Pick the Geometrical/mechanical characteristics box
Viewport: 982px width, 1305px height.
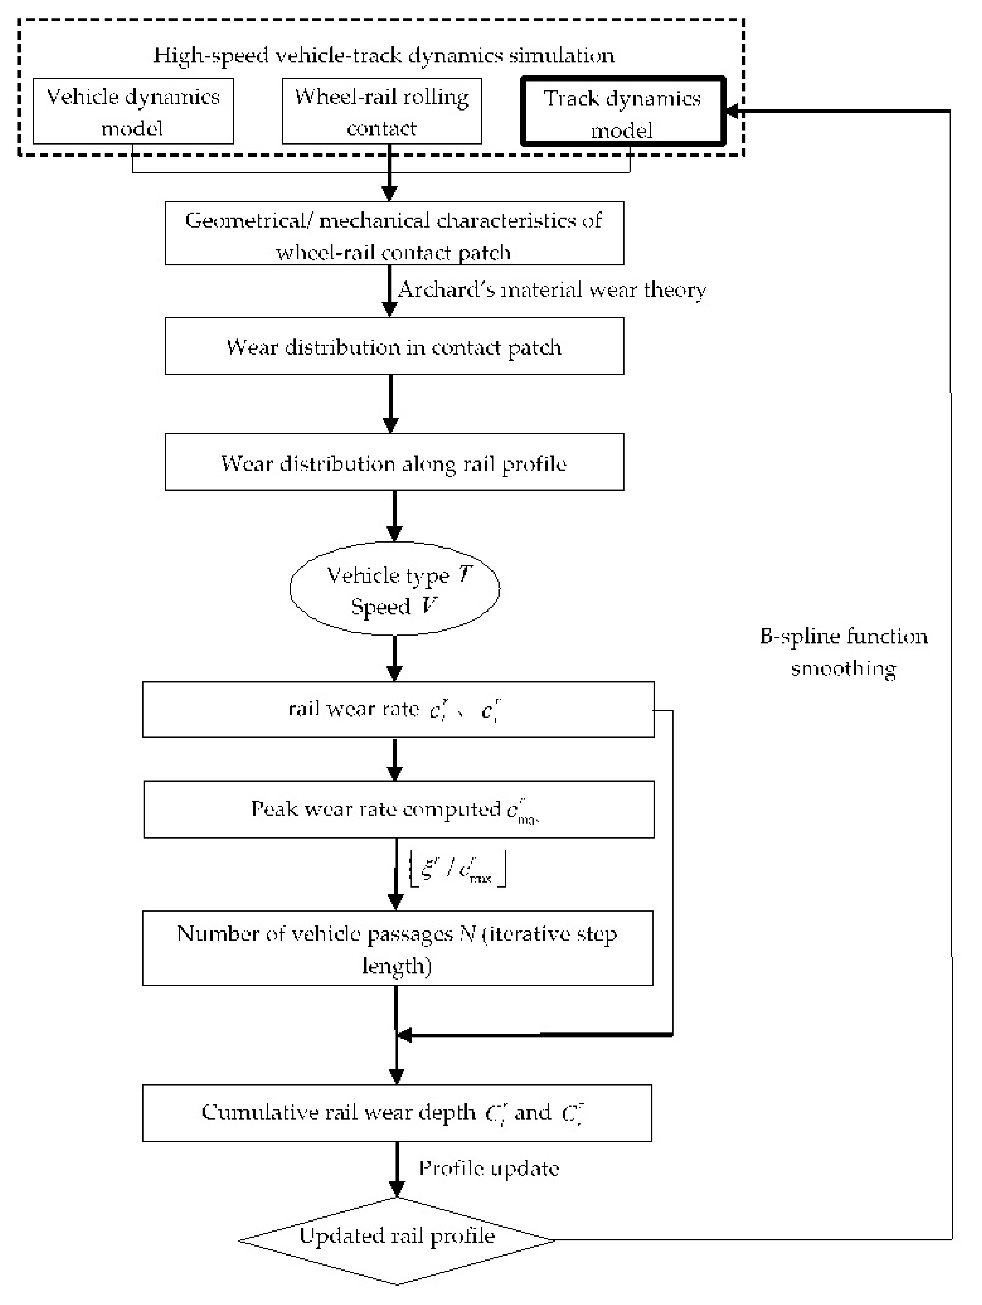coord(394,234)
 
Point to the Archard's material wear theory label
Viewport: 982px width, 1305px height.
coord(552,290)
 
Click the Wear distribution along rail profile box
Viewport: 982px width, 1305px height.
coord(394,463)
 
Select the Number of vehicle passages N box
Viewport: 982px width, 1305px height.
coord(398,949)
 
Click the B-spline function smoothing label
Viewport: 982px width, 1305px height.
coord(843,652)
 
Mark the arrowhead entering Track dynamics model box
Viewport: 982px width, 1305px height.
coord(732,111)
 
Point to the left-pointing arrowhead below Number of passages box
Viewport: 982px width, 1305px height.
coord(405,1034)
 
